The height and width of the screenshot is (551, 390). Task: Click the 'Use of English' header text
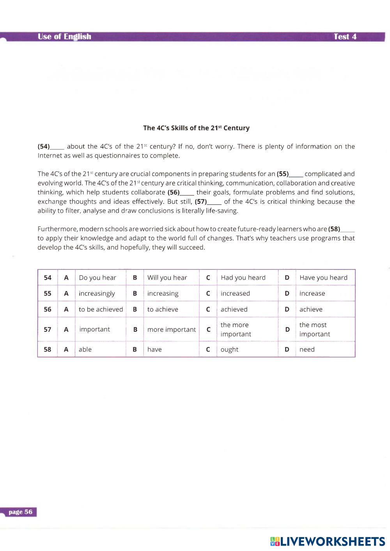click(x=64, y=37)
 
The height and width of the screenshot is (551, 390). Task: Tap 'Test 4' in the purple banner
click(x=345, y=37)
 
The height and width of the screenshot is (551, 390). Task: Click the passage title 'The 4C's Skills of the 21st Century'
click(x=196, y=128)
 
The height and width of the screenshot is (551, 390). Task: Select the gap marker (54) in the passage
click(x=44, y=147)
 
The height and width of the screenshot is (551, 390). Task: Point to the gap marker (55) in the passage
click(x=283, y=174)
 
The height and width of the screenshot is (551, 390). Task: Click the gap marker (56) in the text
click(x=174, y=192)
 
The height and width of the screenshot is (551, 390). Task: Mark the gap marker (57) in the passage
click(x=201, y=202)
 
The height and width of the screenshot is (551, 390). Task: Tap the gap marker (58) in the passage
click(x=334, y=229)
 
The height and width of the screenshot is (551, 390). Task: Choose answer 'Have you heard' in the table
click(x=323, y=278)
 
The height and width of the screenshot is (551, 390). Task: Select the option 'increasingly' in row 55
click(x=97, y=294)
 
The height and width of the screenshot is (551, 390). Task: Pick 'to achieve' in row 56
click(x=163, y=309)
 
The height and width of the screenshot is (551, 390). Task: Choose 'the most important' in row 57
click(x=314, y=330)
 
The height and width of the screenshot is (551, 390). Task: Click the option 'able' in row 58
click(x=85, y=349)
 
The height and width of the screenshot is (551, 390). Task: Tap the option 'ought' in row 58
click(x=229, y=349)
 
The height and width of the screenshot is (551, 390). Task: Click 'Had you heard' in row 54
click(x=243, y=278)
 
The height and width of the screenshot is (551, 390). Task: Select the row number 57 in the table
click(x=48, y=330)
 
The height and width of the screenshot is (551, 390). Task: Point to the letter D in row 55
click(x=287, y=294)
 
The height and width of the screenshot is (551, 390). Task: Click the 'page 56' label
click(x=21, y=512)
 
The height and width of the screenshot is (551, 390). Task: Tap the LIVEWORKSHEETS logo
click(x=328, y=541)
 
